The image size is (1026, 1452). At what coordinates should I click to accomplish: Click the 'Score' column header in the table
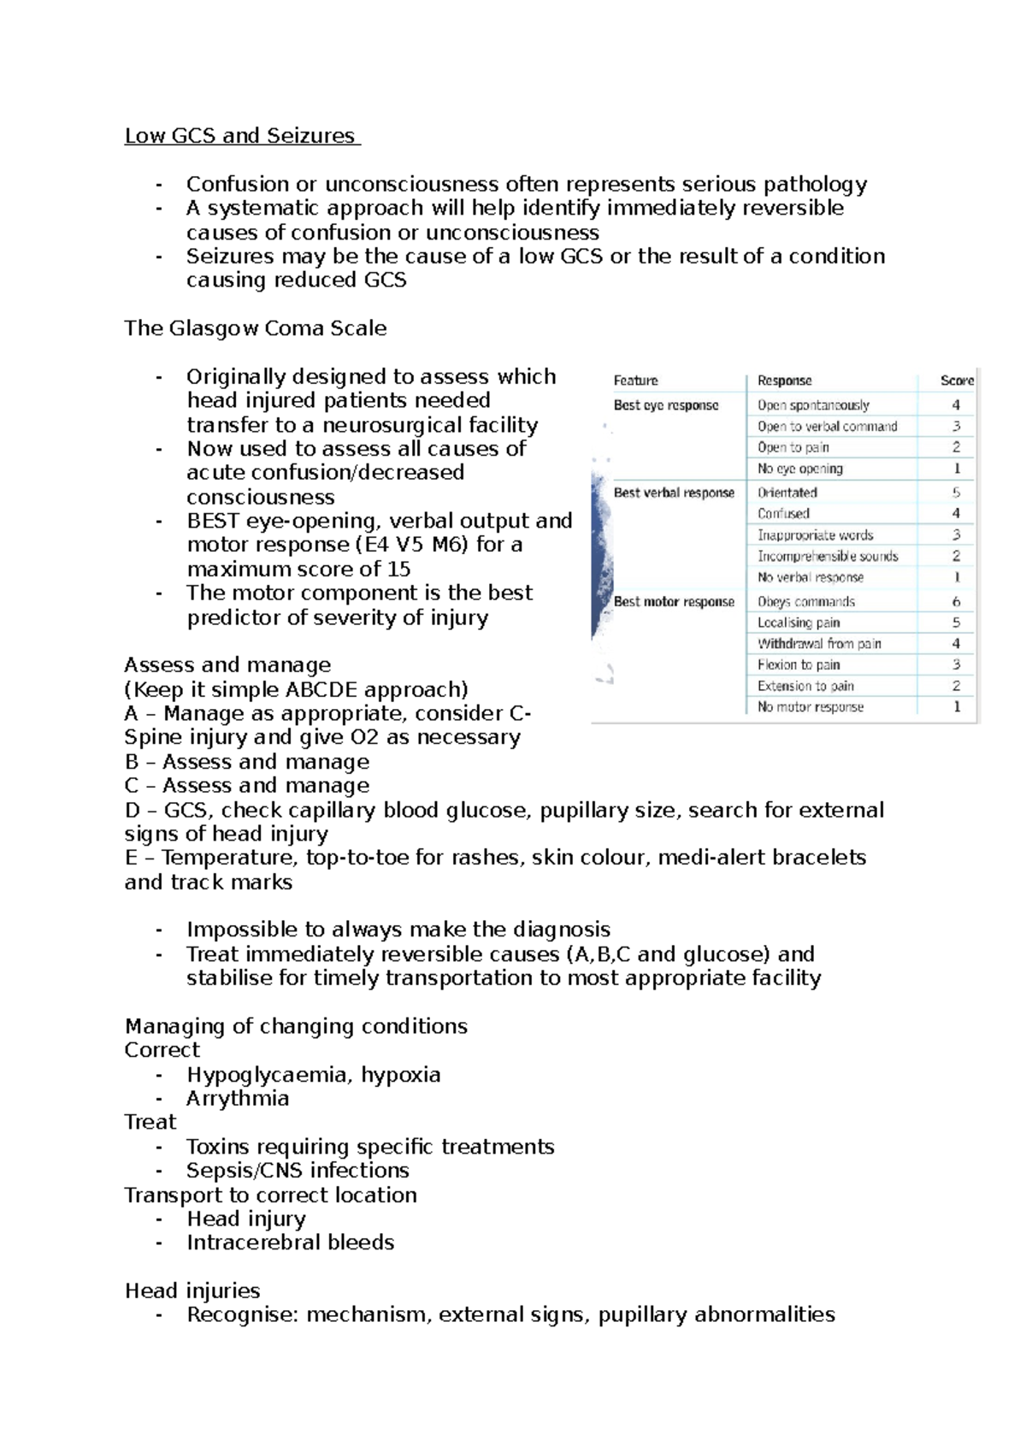pos(956,381)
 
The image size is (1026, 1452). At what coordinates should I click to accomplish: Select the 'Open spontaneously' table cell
pos(813,405)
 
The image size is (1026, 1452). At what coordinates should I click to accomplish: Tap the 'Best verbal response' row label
pos(674,493)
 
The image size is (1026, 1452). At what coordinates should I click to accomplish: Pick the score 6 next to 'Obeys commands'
pos(956,602)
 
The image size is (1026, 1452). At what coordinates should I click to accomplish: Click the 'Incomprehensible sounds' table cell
pos(828,557)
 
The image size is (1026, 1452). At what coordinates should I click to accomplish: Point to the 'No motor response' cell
pos(811,707)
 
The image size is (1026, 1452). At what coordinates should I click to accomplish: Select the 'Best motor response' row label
pos(674,602)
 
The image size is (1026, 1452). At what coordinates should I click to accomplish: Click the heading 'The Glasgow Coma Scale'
pos(255,328)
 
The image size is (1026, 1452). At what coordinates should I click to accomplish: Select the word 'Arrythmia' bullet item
pos(238,1099)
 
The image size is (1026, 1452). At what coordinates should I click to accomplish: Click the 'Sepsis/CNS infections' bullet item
pos(298,1171)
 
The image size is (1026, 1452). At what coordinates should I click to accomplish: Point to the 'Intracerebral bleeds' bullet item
pos(291,1242)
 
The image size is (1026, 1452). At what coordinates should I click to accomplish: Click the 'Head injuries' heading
pos(192,1290)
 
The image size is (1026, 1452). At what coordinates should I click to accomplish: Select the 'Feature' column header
pos(635,381)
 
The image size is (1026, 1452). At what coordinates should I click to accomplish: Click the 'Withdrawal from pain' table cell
pos(819,644)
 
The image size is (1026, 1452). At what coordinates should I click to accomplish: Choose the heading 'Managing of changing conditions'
pos(296,1026)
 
